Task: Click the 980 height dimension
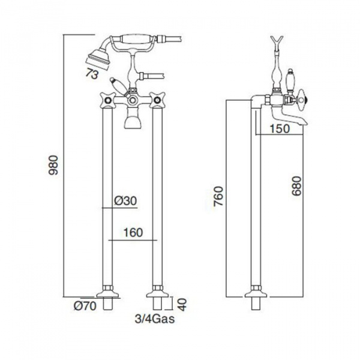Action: [54, 166]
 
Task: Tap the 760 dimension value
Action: [218, 197]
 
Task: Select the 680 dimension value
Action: [296, 186]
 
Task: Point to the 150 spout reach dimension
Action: [280, 128]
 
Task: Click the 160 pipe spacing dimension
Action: [133, 233]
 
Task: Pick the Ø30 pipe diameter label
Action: [125, 201]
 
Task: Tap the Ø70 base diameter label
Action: [85, 306]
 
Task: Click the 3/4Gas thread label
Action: [155, 319]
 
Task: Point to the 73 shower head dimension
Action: [92, 74]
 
